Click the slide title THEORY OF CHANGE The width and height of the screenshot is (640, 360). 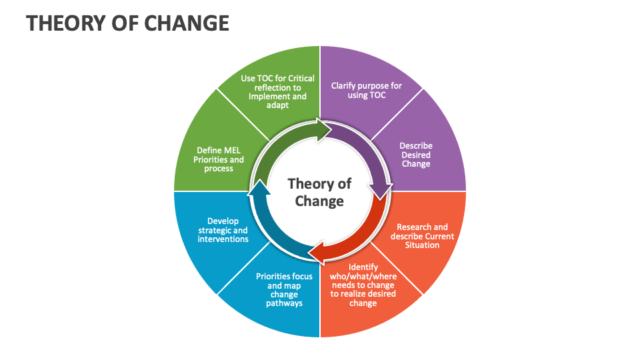[127, 23]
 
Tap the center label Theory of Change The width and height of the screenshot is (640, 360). [319, 192]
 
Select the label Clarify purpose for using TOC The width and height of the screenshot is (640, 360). [366, 90]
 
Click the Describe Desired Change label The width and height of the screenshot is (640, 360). [416, 155]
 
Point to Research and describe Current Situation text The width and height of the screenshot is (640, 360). [422, 236]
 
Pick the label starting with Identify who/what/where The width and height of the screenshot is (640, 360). [363, 285]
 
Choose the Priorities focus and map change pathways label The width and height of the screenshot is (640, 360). [284, 289]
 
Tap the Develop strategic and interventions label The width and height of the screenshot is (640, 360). [223, 230]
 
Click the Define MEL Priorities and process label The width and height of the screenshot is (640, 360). [219, 159]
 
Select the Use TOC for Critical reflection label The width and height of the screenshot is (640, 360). [277, 91]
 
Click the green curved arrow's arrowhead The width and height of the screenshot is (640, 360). [324, 130]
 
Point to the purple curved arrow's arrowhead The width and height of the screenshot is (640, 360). [381, 191]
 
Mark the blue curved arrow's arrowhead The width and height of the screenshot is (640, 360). [259, 187]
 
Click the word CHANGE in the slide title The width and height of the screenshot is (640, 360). [187, 23]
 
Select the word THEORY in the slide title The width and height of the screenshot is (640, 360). [65, 23]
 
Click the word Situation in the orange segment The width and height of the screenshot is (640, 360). [422, 245]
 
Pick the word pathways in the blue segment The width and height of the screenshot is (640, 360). [284, 303]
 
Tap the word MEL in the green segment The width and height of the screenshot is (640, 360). [230, 151]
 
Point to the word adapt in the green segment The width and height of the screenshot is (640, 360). [277, 105]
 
